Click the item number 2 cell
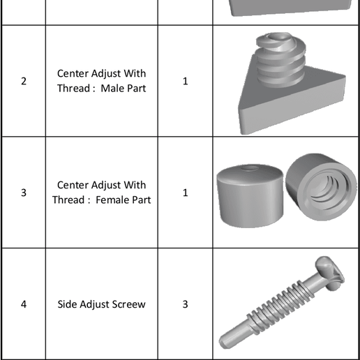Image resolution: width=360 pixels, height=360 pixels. pyautogui.click(x=24, y=81)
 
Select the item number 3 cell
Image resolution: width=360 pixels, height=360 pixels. pyautogui.click(x=24, y=193)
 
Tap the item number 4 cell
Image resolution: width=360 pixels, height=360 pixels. pyautogui.click(x=24, y=304)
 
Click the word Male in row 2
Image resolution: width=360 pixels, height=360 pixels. pyautogui.click(x=112, y=89)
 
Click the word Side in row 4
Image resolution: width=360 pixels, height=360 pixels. pyautogui.click(x=68, y=304)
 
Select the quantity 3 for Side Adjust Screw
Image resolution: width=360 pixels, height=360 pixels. pyautogui.click(x=185, y=304)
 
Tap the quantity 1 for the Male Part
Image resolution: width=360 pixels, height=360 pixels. pyautogui.click(x=185, y=81)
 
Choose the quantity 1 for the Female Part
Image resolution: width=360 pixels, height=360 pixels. pyautogui.click(x=185, y=193)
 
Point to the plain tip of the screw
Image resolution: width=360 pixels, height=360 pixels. pyautogui.click(x=230, y=340)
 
